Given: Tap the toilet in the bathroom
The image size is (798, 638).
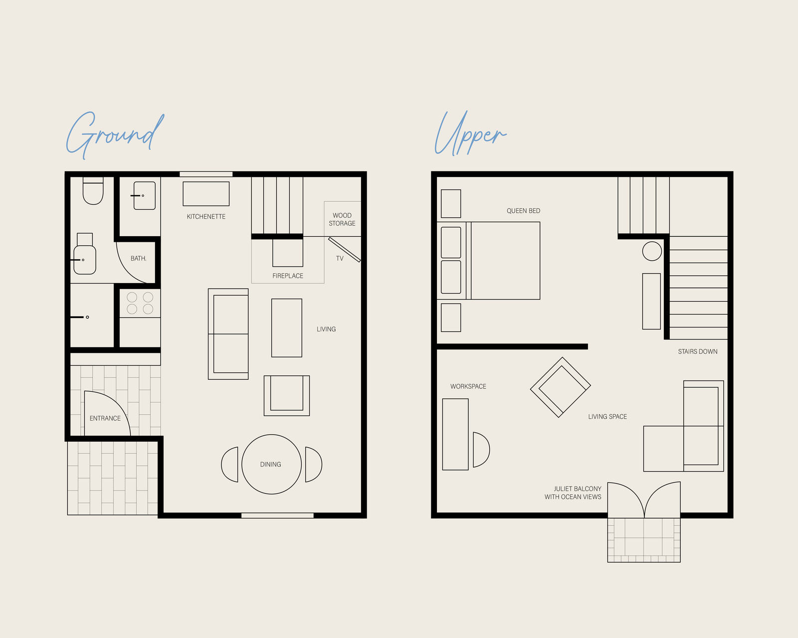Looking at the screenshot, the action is point(93,190).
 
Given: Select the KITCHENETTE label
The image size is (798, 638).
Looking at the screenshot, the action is point(206,216).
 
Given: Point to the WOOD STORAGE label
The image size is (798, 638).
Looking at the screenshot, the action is point(342,219).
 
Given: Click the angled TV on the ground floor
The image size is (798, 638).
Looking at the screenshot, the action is point(345,250).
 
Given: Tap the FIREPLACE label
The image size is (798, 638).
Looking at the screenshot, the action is point(288,276).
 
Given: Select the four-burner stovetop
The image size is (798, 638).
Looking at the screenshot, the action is point(140,303).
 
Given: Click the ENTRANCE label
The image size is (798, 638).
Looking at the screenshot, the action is point(105,418).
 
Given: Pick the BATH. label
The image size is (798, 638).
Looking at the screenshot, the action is point(138,258).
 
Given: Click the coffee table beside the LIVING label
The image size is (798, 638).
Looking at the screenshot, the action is point(287,327).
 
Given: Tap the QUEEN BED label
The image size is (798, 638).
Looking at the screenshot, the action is point(523,211).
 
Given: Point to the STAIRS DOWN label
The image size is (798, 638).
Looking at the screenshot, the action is point(698,351).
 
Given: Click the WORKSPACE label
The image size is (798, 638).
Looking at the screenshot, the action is point(468,386).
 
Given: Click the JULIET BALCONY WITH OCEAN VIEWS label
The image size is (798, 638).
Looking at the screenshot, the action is point(573,492).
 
